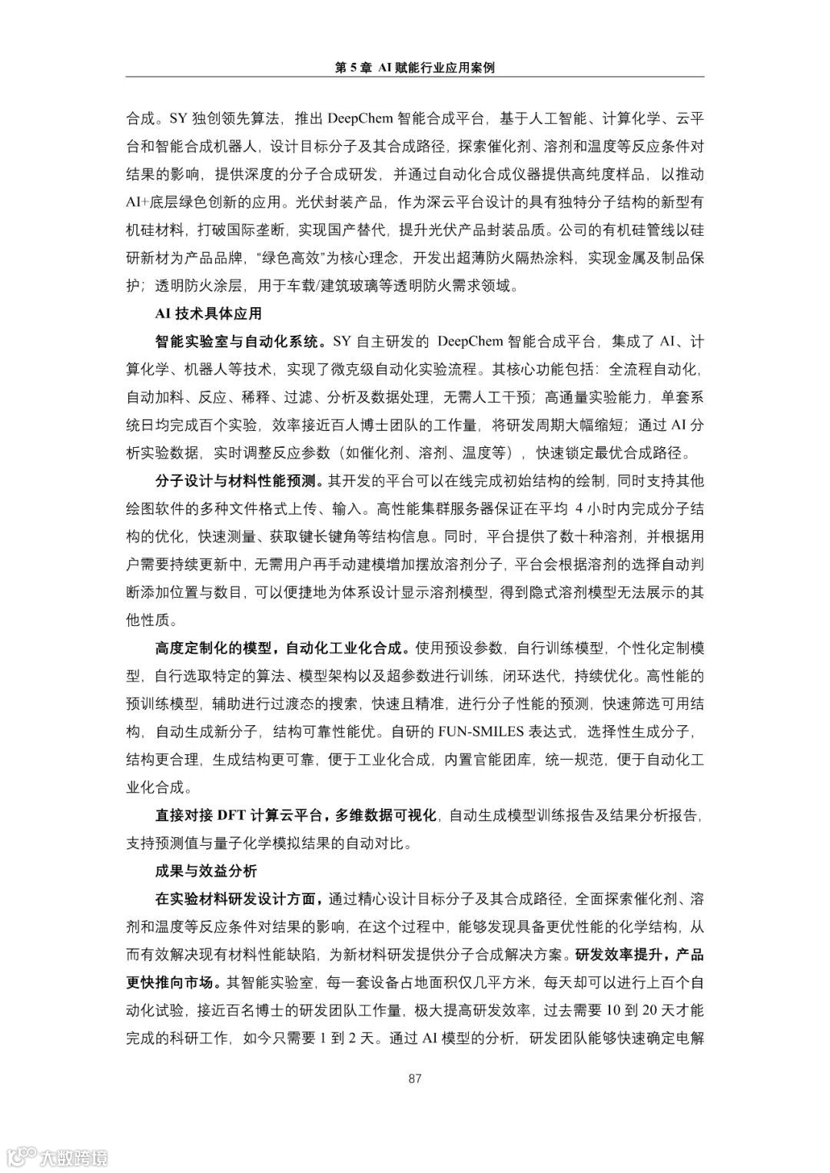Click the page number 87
pos(415,1079)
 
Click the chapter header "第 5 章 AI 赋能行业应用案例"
pos(415,68)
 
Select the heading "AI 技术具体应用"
pos(208,313)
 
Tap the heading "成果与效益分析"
pos(205,870)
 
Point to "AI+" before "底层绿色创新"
pos(141,203)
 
